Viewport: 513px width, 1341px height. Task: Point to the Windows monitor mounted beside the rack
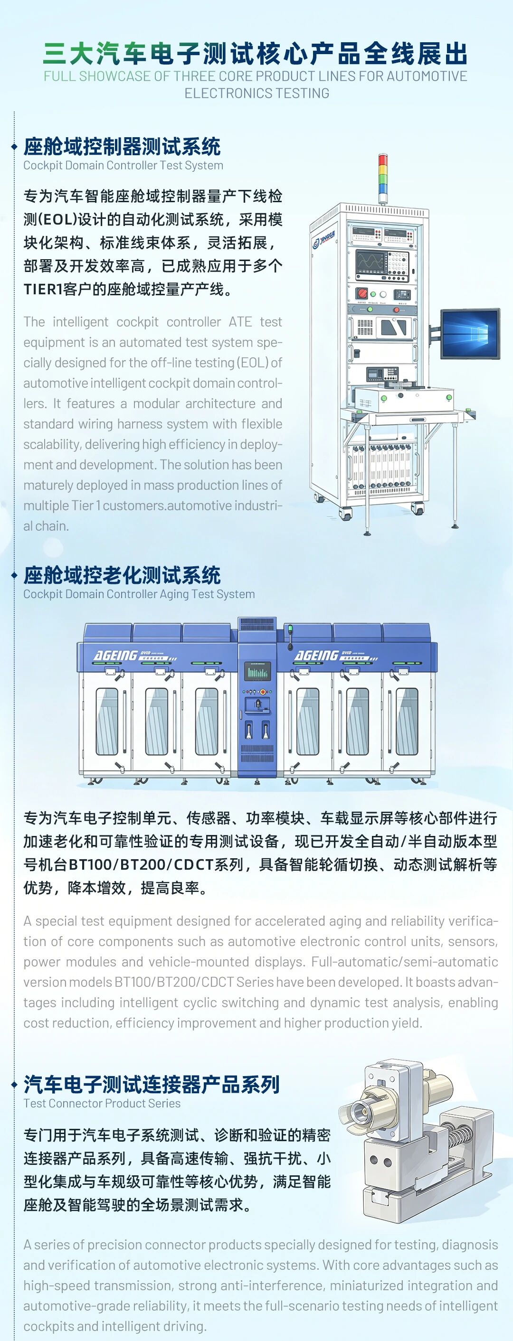point(470,334)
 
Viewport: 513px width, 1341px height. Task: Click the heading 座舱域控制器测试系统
point(122,147)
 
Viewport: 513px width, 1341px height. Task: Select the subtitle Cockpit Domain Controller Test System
point(123,166)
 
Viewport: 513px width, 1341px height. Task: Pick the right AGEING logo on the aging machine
point(317,656)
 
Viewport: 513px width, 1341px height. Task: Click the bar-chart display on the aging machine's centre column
point(257,672)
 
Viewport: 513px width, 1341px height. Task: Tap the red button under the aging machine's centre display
point(263,692)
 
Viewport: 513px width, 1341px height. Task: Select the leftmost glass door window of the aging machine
point(106,722)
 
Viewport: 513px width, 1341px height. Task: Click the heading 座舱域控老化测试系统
point(122,575)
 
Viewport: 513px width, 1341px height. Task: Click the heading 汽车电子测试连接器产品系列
point(152,1084)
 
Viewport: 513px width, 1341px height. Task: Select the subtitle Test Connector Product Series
point(102,1103)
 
